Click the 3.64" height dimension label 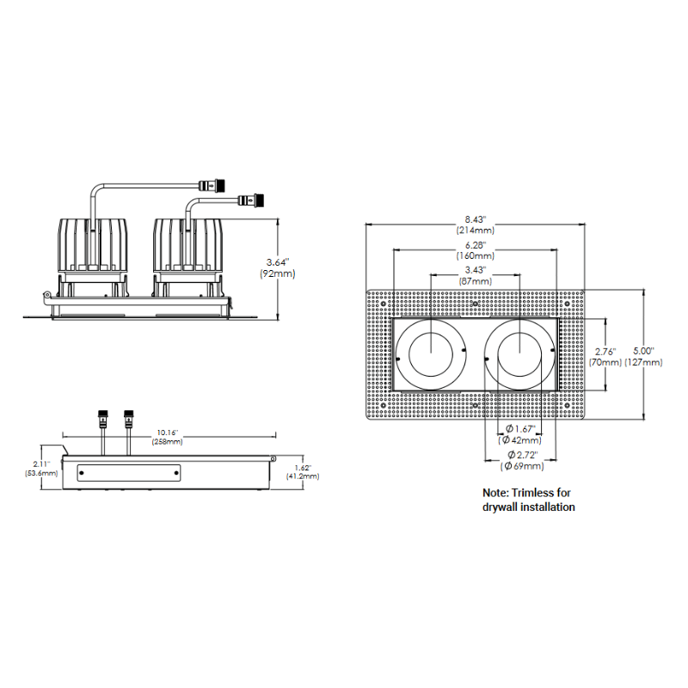coord(277,262)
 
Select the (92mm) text coord(277,273)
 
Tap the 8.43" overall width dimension coord(476,219)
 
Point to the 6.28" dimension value coord(476,245)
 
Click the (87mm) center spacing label coord(476,281)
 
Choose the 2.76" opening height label coord(605,352)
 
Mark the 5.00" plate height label coord(643,351)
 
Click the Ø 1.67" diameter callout coord(520,428)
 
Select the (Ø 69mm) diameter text coord(522,466)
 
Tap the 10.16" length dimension coord(168,433)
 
